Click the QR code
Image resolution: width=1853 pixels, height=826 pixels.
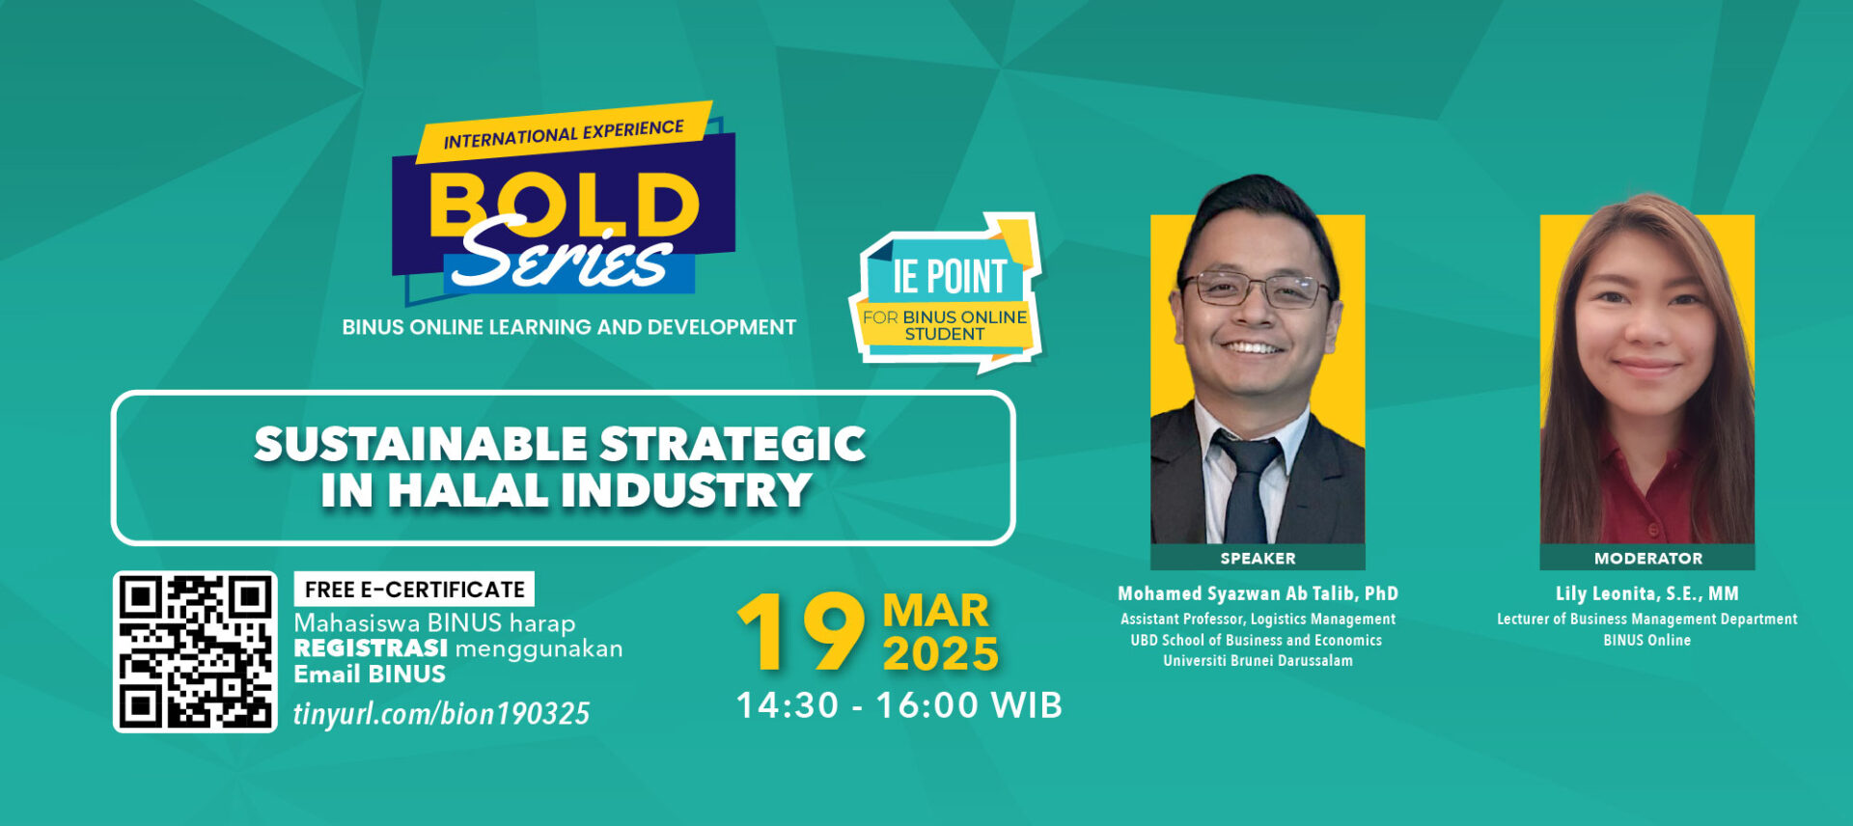(195, 651)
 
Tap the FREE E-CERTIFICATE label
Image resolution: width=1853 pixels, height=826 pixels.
(414, 589)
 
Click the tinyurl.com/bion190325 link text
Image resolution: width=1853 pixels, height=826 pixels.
(441, 713)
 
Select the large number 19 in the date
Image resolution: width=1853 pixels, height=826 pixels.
(801, 632)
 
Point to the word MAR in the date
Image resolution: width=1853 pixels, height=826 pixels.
(935, 611)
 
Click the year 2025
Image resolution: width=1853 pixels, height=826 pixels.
(940, 654)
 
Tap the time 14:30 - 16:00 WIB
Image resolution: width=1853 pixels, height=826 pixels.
(899, 705)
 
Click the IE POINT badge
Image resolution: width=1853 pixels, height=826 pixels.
(946, 292)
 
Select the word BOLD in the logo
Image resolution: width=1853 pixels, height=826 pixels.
(564, 205)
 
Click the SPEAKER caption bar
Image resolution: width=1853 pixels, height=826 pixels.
(1258, 558)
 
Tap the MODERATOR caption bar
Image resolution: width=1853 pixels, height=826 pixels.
(1647, 558)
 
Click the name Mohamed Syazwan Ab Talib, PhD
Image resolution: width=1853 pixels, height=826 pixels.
(1258, 593)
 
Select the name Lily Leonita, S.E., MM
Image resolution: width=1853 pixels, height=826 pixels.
(1647, 593)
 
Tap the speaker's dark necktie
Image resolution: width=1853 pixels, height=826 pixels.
(1248, 488)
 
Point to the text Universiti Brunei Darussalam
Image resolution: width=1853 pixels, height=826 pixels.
(1258, 661)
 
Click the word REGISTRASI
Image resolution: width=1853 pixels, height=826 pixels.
(371, 648)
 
